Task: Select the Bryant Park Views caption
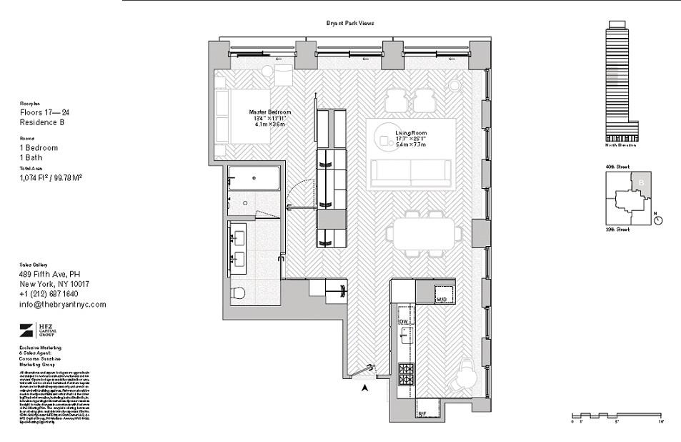[x=350, y=23]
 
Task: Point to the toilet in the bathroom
[x=239, y=293]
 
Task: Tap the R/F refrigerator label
[x=422, y=413]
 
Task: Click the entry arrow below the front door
[x=365, y=388]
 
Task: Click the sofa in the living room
[x=411, y=172]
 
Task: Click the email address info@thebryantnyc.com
[x=62, y=304]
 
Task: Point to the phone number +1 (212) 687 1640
[x=48, y=294]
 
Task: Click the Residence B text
[x=42, y=122]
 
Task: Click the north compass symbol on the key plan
[x=658, y=220]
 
